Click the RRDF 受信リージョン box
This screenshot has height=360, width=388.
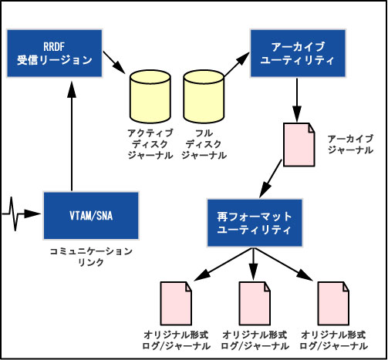[x=54, y=53]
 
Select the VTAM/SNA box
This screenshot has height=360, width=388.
[x=91, y=216]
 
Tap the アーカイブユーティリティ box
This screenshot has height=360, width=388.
[x=298, y=53]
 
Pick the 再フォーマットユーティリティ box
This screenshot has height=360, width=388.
[x=255, y=223]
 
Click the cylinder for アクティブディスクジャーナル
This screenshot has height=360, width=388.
[x=150, y=96]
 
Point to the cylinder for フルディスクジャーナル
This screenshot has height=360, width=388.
[x=204, y=96]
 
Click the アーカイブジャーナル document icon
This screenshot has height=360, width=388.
[x=299, y=145]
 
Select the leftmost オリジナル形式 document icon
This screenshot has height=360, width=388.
[x=176, y=304]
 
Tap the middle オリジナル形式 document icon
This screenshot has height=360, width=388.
[x=255, y=304]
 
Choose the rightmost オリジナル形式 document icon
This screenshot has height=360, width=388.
[x=333, y=304]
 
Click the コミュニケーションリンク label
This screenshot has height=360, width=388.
[x=91, y=256]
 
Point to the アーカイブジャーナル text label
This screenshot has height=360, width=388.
[x=350, y=144]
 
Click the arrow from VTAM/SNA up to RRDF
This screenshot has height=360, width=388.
[x=72, y=136]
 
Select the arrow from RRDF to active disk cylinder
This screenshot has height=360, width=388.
[x=114, y=62]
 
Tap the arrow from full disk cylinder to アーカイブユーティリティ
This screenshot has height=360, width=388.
[x=237, y=64]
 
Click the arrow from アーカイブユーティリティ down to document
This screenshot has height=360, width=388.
[x=297, y=100]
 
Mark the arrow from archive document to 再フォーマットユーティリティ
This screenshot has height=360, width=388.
[x=271, y=179]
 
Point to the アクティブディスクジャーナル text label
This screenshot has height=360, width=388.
[x=150, y=144]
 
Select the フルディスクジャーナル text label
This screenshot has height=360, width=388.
[x=204, y=144]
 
